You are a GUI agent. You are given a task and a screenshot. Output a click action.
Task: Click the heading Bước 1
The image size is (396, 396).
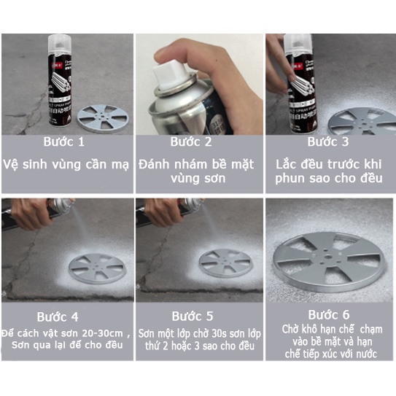63,141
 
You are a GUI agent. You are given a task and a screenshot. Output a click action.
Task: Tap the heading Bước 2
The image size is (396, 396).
191,141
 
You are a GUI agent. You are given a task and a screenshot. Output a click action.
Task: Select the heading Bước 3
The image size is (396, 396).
327,141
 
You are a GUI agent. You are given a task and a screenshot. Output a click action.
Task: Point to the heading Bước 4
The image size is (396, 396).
58,317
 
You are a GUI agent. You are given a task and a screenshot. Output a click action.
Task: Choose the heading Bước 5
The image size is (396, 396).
193,317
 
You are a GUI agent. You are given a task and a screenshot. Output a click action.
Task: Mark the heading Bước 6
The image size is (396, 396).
329,315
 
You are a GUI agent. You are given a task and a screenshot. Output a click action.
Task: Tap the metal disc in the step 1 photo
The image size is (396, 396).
103,119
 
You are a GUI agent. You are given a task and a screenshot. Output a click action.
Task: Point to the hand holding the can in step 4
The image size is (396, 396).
33,213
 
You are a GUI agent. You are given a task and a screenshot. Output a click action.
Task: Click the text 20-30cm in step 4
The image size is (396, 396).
103,333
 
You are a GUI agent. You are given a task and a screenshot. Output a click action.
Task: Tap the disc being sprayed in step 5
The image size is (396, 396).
225,263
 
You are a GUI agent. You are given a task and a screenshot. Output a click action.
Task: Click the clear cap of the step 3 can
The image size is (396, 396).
298,44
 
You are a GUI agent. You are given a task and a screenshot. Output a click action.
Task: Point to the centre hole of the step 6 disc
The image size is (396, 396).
328,257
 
